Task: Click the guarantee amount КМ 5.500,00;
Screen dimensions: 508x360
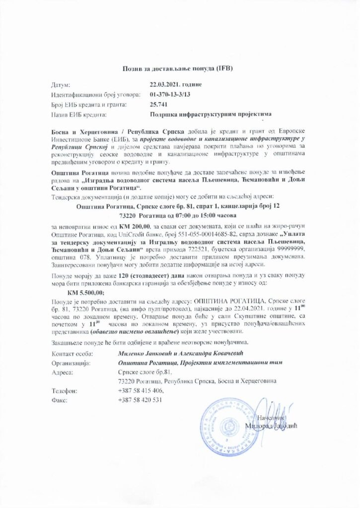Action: pos(82,293)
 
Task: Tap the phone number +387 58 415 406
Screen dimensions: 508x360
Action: pos(141,390)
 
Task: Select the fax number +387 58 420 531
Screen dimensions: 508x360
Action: pos(141,400)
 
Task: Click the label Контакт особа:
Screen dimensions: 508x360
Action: pos(71,353)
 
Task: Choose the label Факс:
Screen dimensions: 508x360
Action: pos(60,400)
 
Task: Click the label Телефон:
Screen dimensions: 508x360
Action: pos(65,390)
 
